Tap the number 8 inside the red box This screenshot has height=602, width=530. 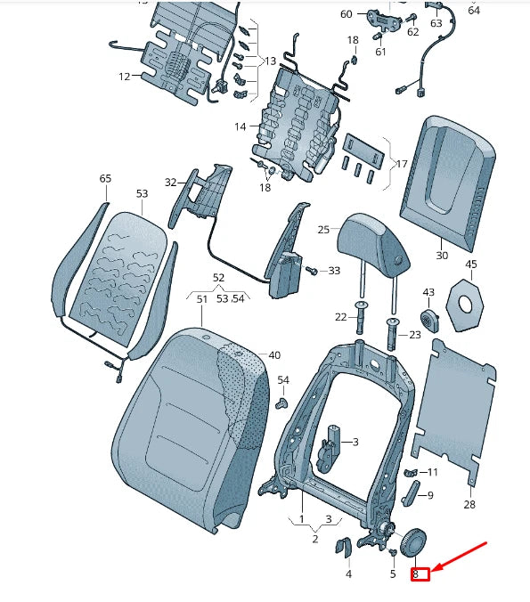[416, 575]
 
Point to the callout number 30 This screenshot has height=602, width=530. [442, 256]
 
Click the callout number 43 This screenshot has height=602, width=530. [428, 293]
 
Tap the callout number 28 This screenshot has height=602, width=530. [469, 505]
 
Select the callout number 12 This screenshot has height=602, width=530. [124, 77]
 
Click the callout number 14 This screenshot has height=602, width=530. [241, 126]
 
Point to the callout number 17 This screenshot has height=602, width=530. [402, 164]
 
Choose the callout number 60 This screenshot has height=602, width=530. [347, 14]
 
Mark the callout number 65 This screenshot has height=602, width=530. [105, 179]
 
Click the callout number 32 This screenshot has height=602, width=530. [170, 183]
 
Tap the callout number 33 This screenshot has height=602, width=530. [333, 270]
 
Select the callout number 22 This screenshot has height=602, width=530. [340, 317]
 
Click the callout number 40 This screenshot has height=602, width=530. [274, 355]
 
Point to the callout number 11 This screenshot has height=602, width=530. [432, 472]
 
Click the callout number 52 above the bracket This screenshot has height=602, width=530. [218, 278]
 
